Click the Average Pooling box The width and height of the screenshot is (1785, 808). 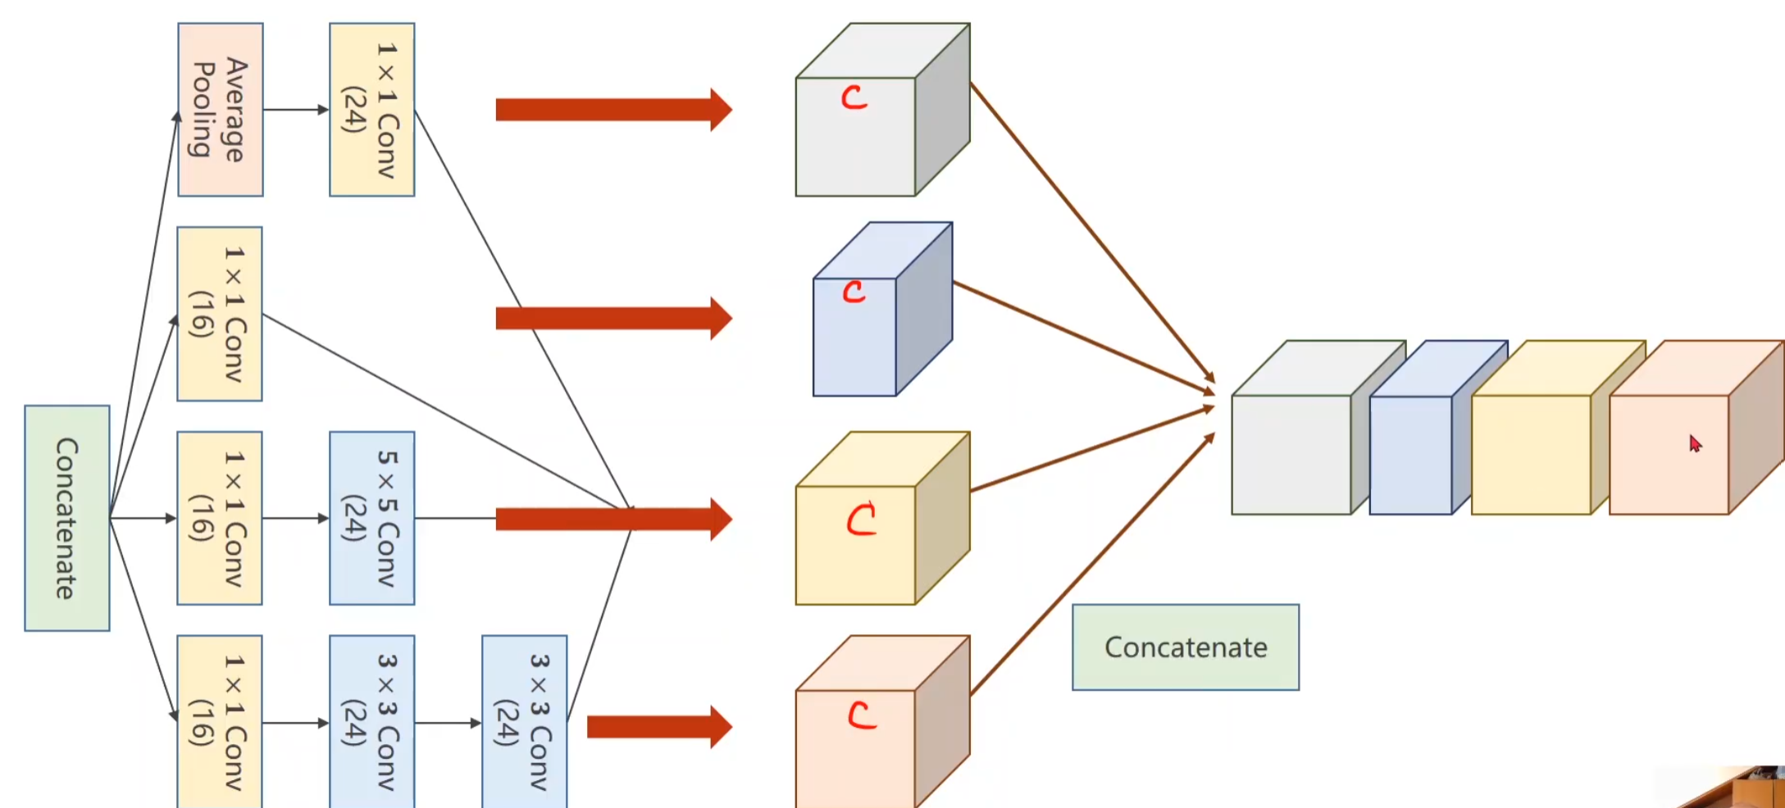point(221,110)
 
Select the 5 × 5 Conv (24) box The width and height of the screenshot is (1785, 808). point(371,518)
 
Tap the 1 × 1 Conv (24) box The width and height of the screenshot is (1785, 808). point(371,110)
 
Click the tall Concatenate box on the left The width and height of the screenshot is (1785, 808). point(67,518)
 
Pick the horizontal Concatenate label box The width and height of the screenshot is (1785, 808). point(1185,647)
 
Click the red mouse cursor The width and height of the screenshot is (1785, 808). point(1695,443)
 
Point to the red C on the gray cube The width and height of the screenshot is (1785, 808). point(854,98)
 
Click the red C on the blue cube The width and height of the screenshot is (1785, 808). point(854,292)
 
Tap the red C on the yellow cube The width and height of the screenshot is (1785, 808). point(861,520)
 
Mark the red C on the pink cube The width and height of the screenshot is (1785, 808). point(861,715)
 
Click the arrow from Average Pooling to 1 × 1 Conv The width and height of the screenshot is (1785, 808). point(295,110)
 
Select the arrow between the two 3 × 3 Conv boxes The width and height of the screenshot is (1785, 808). point(448,723)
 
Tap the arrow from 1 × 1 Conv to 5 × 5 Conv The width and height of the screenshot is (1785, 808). point(295,518)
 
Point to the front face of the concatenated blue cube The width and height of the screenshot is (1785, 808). point(1410,455)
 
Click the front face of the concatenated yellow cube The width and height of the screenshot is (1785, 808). point(1531,455)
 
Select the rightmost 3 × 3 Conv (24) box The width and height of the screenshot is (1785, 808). point(524,721)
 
